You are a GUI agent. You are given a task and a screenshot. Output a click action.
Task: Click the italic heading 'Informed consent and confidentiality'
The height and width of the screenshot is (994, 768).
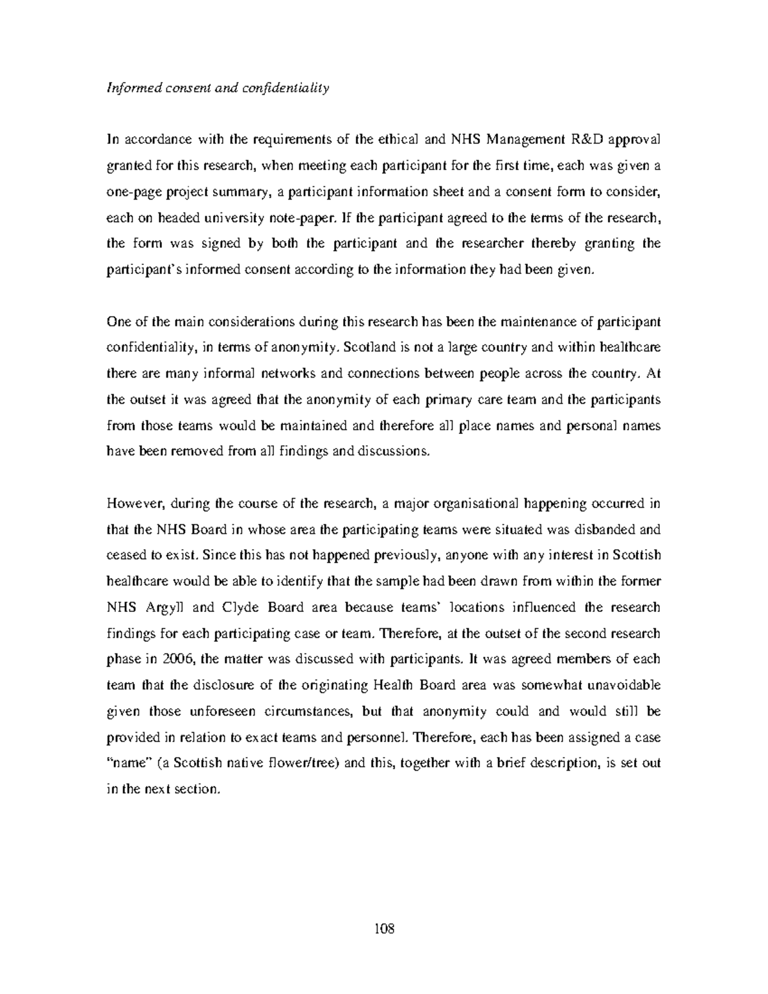(217, 88)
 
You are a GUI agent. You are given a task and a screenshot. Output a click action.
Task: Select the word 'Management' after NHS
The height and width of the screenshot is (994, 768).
(519, 140)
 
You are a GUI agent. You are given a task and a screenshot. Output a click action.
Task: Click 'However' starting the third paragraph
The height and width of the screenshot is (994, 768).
(129, 503)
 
